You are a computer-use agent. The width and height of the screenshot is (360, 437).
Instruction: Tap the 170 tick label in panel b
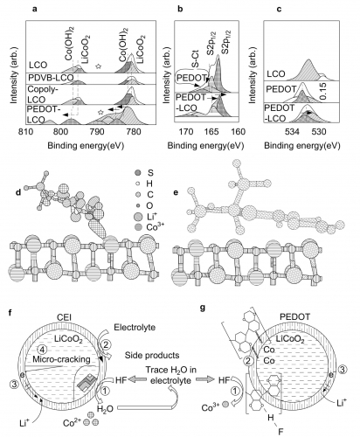(x=186, y=132)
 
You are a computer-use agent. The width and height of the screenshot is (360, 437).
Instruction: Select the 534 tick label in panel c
(x=292, y=132)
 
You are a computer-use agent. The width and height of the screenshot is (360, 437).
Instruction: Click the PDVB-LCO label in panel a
(x=51, y=78)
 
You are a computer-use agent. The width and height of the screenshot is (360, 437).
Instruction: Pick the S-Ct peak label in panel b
(x=196, y=59)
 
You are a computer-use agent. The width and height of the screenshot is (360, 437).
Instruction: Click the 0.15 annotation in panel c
(x=323, y=91)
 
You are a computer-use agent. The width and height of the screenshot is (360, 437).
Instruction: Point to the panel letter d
(x=18, y=193)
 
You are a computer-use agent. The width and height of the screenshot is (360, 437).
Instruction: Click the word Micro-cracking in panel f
(x=61, y=359)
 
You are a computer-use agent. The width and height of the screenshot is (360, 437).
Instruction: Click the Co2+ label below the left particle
(x=72, y=423)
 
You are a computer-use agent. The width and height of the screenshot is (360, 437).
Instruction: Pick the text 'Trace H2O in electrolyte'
(x=171, y=375)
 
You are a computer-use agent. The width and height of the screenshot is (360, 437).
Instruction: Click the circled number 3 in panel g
(x=343, y=370)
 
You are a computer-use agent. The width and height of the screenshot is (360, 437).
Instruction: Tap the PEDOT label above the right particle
(x=295, y=316)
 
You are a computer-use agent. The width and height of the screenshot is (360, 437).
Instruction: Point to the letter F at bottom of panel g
(x=280, y=432)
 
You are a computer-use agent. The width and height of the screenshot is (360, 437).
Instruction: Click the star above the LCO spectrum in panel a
(x=98, y=66)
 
